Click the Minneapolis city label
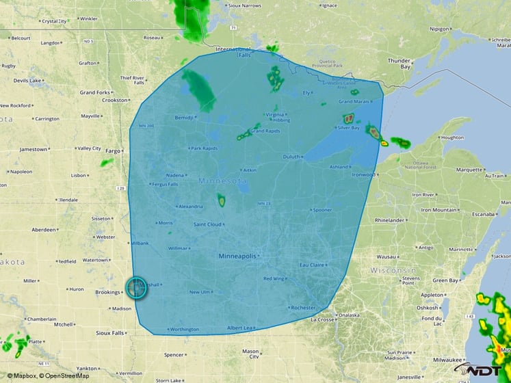237,256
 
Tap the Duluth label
291,157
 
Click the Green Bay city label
445,280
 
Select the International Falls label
233,53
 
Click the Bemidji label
184,118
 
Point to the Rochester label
303,308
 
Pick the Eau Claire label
312,265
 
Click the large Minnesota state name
222,181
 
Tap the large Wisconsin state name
393,271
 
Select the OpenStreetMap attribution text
64,375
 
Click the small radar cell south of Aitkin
221,200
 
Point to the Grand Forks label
94,92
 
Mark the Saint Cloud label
207,224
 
